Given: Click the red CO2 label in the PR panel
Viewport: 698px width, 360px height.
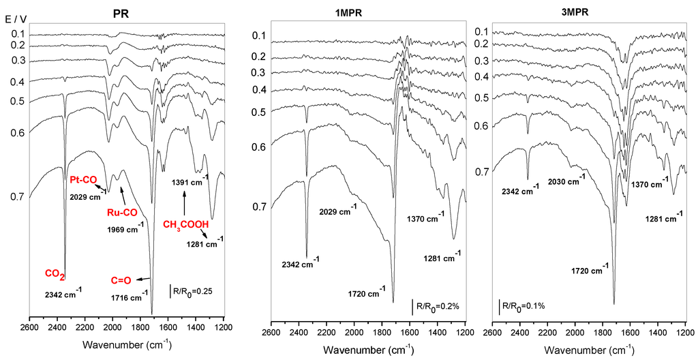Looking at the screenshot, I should [x=55, y=274].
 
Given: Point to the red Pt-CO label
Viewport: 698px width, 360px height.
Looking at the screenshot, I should [x=84, y=180].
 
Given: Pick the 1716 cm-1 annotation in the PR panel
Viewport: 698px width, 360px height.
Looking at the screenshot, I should [x=129, y=297].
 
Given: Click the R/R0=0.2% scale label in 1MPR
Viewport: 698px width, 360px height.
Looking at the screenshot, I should [x=437, y=307].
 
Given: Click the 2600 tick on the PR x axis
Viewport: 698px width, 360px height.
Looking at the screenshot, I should [x=29, y=327].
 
